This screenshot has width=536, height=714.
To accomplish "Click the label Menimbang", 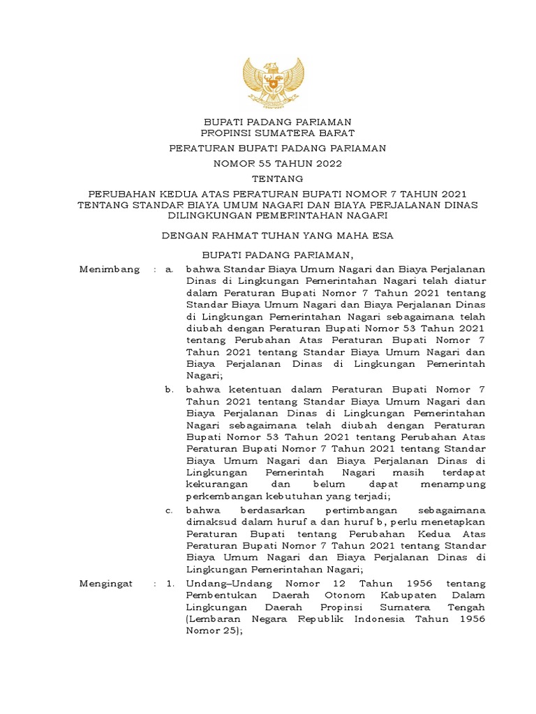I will point(109,268).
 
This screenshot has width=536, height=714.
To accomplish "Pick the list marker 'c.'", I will point(170,510).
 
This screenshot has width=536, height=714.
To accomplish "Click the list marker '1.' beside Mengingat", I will point(170,583).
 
